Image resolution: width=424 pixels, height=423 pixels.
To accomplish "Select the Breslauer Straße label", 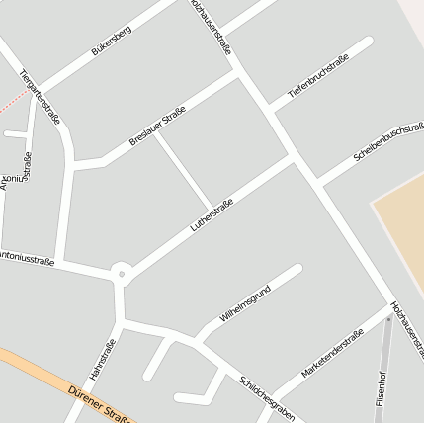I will pos(158,127).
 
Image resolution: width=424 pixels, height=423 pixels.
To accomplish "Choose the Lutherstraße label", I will pos(211,215).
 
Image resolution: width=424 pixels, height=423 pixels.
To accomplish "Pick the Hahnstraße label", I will pos(104,360).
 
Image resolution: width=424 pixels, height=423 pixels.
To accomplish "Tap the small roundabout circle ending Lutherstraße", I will pos(121,272).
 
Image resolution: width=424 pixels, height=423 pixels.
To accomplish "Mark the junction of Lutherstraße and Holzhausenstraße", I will pos(294,157).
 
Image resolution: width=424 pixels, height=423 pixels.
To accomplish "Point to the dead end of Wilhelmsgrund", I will pos(297,269).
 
